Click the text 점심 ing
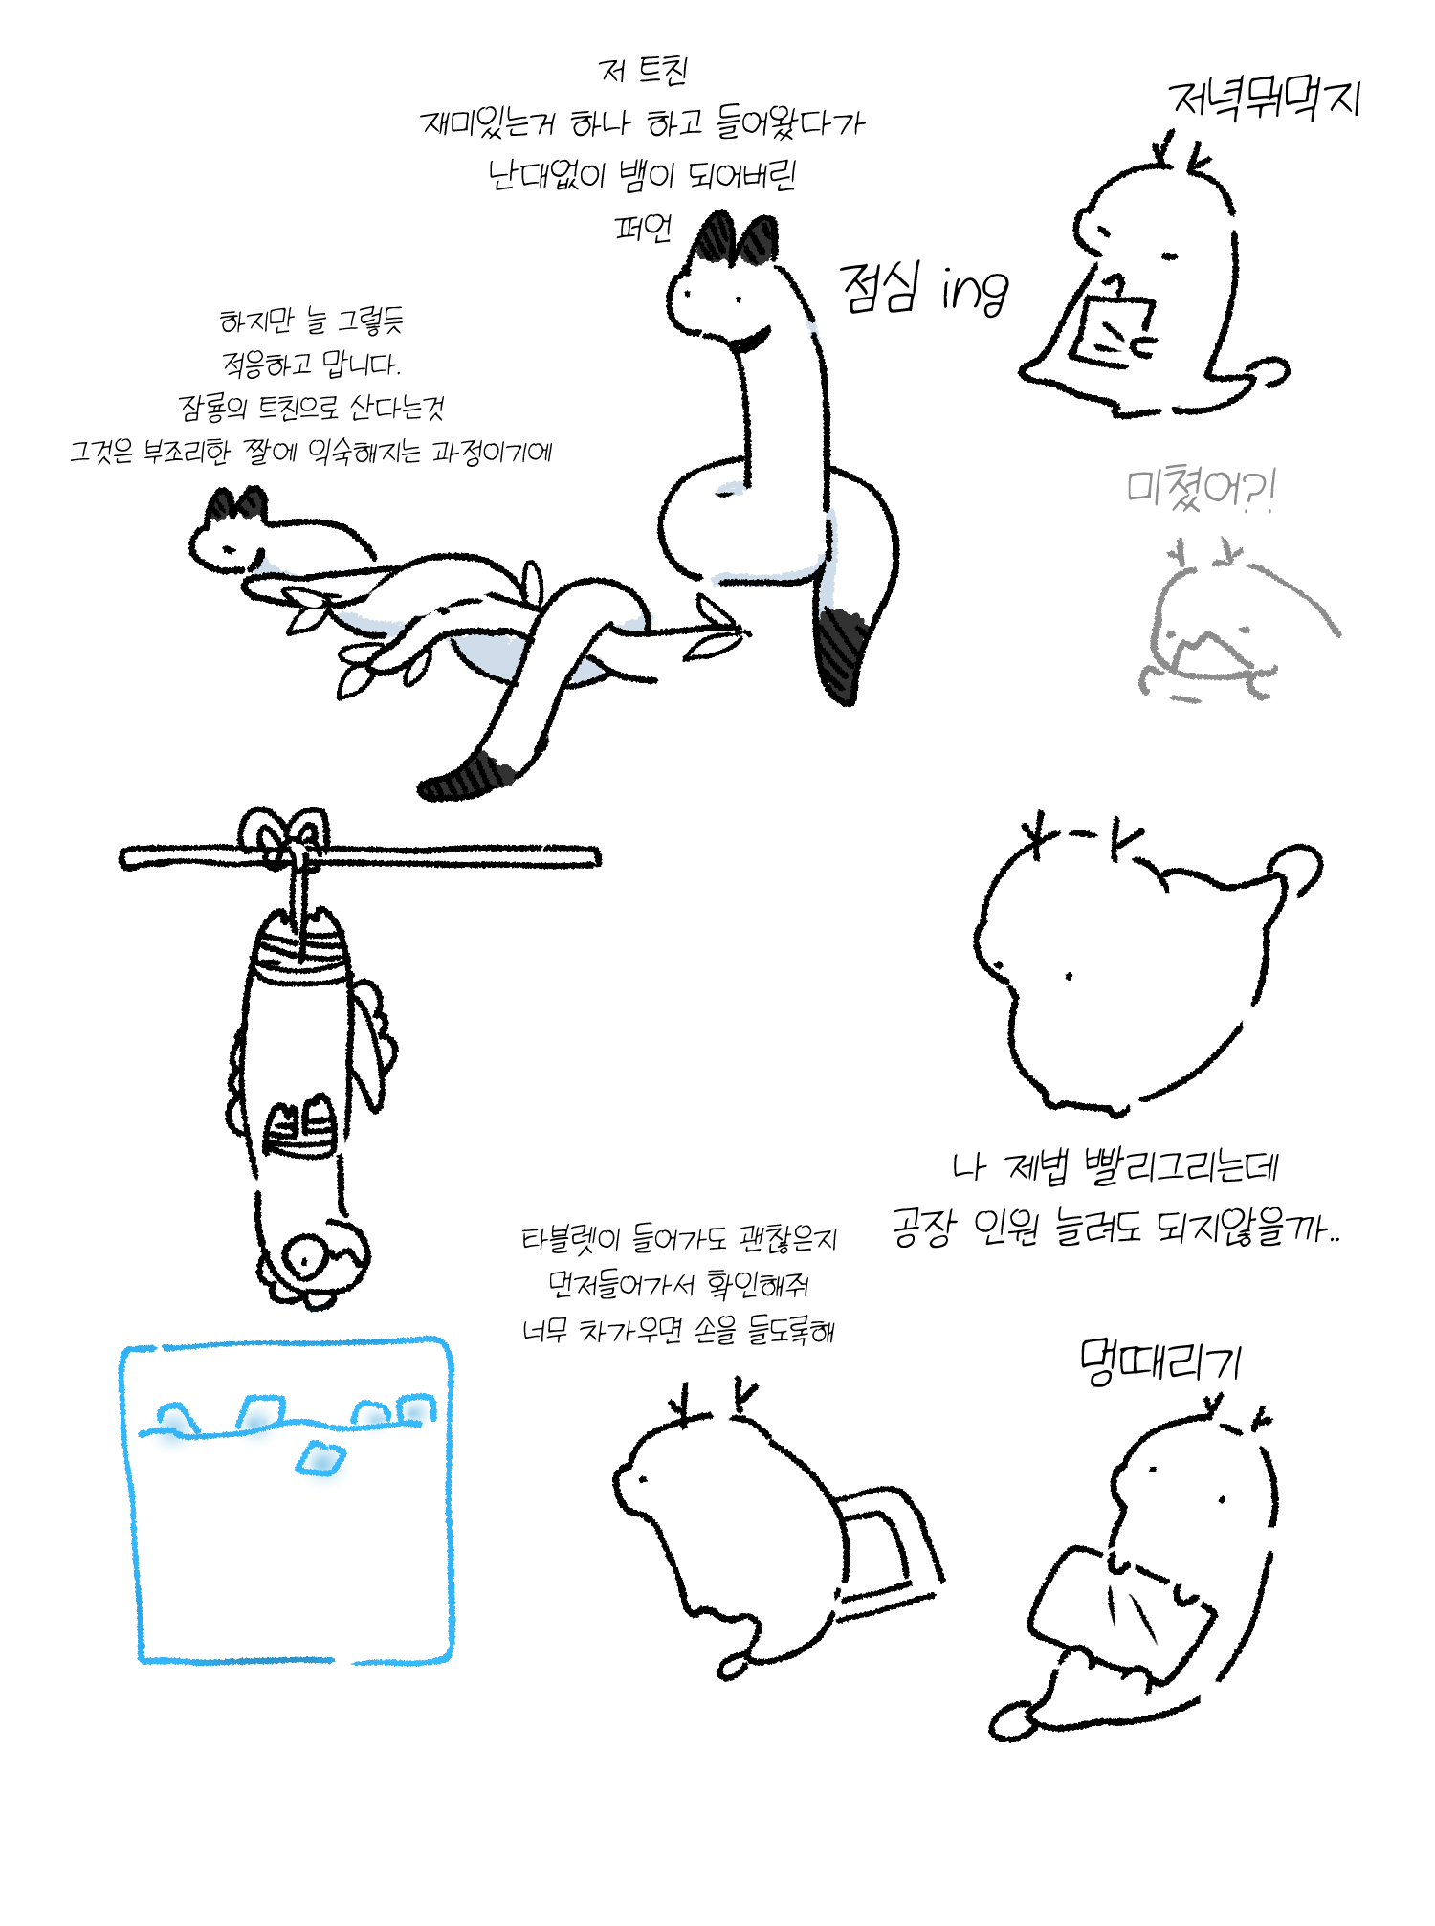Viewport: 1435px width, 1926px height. [923, 287]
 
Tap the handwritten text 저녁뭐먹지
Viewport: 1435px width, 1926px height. [1265, 99]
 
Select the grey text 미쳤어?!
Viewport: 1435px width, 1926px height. [1201, 490]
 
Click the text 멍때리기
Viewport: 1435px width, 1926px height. [1159, 1361]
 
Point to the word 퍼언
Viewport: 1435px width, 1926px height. [643, 228]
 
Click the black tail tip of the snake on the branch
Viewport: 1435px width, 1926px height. [469, 777]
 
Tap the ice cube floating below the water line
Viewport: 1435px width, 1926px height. [320, 1457]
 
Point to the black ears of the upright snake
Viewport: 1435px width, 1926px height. [736, 239]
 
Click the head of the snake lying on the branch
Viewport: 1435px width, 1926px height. [230, 534]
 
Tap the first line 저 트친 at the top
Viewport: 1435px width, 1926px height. [643, 70]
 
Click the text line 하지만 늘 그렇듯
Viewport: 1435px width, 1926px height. [312, 321]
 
